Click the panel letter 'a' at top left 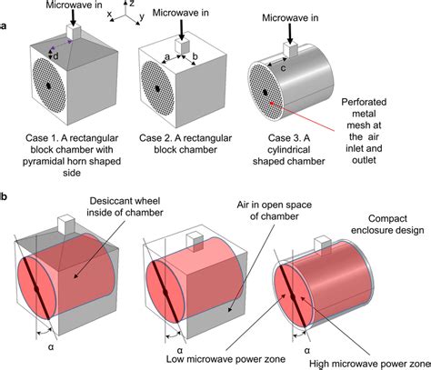(5, 26)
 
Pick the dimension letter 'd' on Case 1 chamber (56, 55)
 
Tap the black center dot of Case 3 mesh (265, 92)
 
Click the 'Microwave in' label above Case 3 (290, 17)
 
